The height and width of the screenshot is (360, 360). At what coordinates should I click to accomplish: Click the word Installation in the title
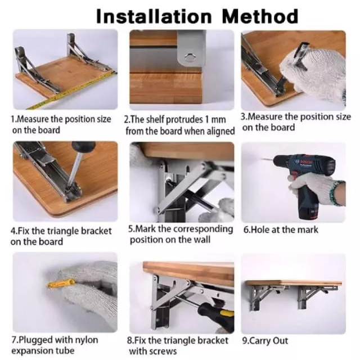tap(154, 16)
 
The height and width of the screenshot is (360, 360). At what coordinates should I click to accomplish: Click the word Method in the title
tap(260, 16)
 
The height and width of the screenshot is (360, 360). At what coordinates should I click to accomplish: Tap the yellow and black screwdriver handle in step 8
tap(217, 315)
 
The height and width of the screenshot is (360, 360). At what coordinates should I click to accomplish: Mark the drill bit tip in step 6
tap(260, 159)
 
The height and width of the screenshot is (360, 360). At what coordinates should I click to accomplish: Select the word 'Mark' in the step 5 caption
tap(146, 229)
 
